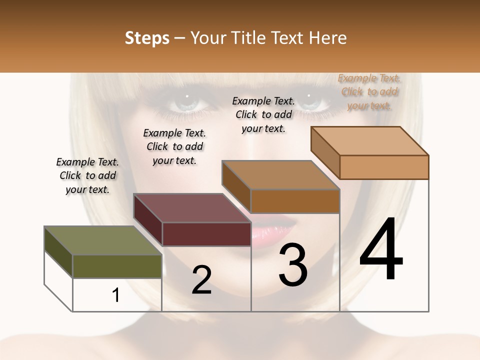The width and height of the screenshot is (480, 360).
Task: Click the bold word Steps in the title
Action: [147, 38]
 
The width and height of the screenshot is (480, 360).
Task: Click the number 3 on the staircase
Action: [293, 265]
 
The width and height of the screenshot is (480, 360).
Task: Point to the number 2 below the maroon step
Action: [201, 280]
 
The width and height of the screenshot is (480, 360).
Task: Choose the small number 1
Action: [116, 295]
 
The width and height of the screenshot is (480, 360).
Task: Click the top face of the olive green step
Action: [102, 240]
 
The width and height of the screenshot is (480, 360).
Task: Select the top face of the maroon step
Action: [192, 208]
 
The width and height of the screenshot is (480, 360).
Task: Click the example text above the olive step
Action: [87, 175]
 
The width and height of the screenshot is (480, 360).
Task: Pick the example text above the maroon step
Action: [174, 146]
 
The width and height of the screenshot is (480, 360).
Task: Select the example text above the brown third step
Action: [263, 114]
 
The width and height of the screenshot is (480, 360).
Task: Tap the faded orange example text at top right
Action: [369, 91]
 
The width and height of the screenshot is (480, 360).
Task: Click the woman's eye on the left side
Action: [186, 103]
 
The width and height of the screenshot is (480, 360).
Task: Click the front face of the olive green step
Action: [117, 266]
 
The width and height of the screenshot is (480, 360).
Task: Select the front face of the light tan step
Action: [384, 167]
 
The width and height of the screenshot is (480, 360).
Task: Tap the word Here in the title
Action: [329, 38]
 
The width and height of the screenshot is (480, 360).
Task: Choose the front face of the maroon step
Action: [206, 234]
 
